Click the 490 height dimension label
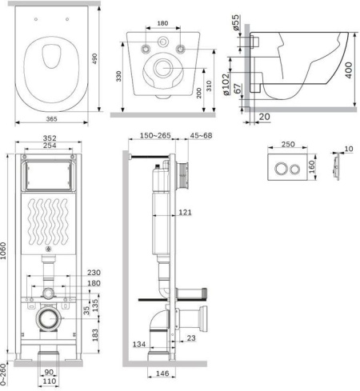point(94,58)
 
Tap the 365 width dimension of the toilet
point(51,119)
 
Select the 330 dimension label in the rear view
point(118,76)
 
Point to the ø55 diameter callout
point(236,22)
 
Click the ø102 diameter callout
point(226,84)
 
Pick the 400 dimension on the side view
point(349,70)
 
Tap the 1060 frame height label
point(3,250)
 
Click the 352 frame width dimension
point(50,138)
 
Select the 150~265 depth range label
point(155,135)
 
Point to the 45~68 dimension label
point(201,135)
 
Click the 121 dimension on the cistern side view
point(185,212)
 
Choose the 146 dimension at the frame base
point(162,373)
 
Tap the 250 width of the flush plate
point(288,144)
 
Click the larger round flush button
point(281,168)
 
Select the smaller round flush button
point(294,170)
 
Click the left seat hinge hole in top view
point(36,19)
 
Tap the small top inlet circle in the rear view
point(162,42)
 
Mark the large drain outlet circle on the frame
point(49,319)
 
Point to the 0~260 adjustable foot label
point(3,375)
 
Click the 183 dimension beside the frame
point(95,335)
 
